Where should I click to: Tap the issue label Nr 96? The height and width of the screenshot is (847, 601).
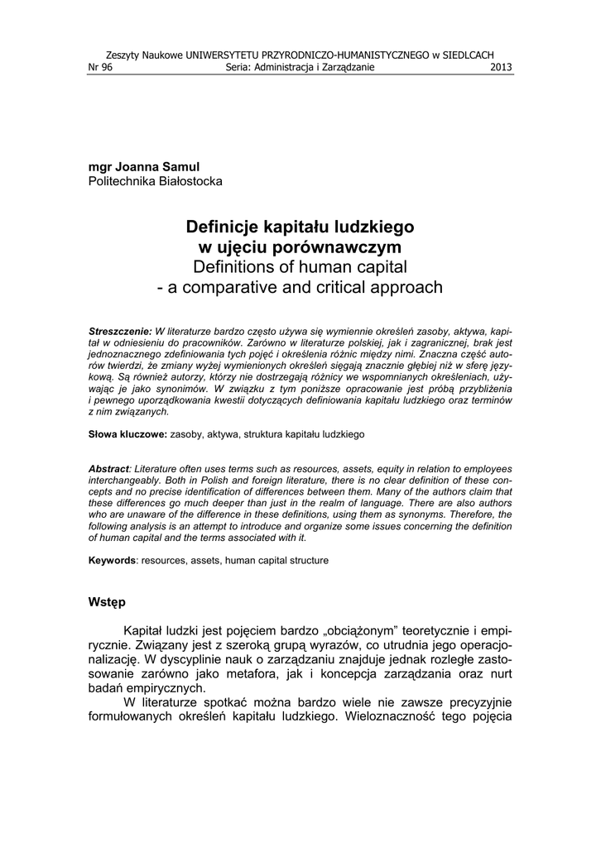pos(99,68)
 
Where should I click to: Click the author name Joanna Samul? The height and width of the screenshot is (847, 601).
pos(156,167)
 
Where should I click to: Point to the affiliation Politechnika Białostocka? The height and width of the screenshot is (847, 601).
pos(155,181)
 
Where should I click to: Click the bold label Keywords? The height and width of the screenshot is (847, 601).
pos(113,560)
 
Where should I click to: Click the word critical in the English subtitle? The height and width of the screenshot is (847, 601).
pos(347,288)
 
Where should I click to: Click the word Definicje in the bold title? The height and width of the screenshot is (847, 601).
pos(223,226)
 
